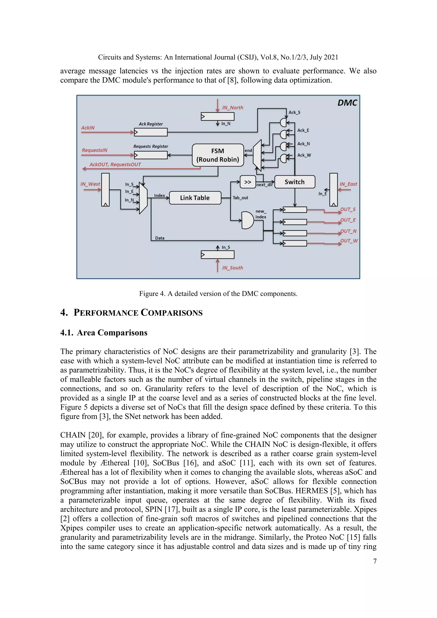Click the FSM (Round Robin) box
tap(218, 155)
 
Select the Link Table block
tap(195, 198)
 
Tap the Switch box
tap(294, 182)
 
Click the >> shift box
tap(248, 182)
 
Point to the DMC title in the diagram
tap(347, 103)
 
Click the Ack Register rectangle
tap(151, 132)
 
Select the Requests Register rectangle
tap(151, 155)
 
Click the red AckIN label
tap(88, 128)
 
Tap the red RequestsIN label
tap(95, 150)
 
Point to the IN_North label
tap(233, 108)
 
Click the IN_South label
tap(233, 268)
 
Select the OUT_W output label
tap(349, 241)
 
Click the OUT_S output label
tap(348, 209)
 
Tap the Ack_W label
tap(304, 155)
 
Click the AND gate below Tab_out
tap(247, 220)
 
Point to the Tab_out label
tap(240, 198)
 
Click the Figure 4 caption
tap(218, 294)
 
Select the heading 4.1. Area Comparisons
tap(104, 333)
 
